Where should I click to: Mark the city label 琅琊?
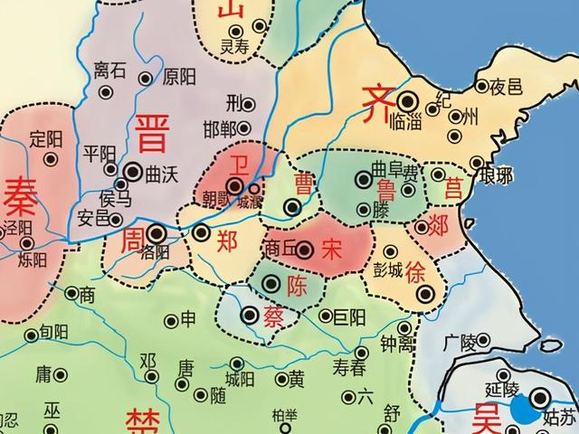[497, 175]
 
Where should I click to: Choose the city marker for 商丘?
[305, 250]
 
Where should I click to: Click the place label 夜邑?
[507, 88]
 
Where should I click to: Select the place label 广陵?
[461, 343]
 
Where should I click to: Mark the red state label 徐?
[417, 269]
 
